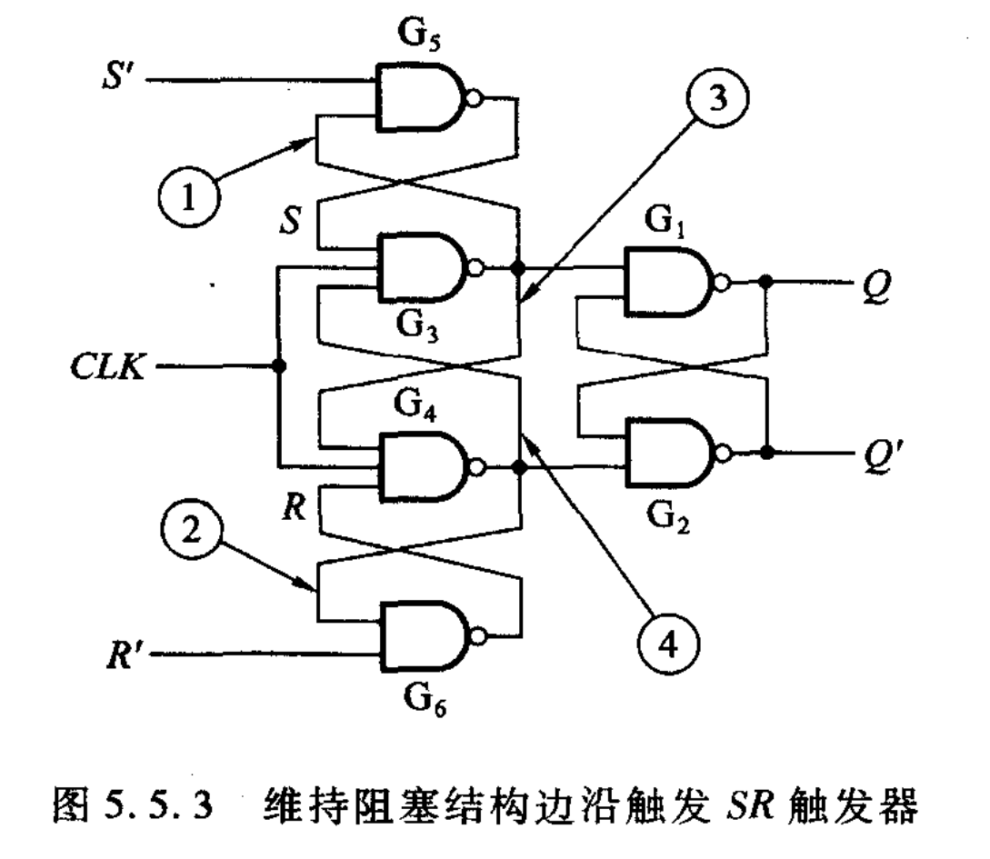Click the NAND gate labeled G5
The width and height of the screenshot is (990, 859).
[420, 96]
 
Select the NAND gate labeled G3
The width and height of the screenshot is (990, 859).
[420, 269]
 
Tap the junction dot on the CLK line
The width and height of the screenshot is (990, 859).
[276, 367]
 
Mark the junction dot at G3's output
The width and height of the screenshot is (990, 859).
[519, 269]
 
